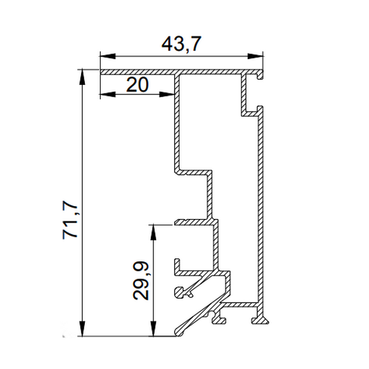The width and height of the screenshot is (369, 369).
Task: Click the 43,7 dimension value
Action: pos(181,44)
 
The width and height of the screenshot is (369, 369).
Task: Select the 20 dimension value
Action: pos(137,85)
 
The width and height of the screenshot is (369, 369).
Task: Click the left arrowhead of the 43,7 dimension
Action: pos(108,56)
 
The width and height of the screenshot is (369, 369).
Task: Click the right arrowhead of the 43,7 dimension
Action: pos(255,56)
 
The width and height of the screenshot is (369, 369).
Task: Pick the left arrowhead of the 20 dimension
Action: pos(108,94)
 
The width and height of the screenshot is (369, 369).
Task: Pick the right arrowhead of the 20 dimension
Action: pos(167,94)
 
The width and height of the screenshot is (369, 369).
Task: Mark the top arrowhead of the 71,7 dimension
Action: pos(82,77)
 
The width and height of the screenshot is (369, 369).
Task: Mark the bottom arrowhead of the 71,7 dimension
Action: pos(82,328)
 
